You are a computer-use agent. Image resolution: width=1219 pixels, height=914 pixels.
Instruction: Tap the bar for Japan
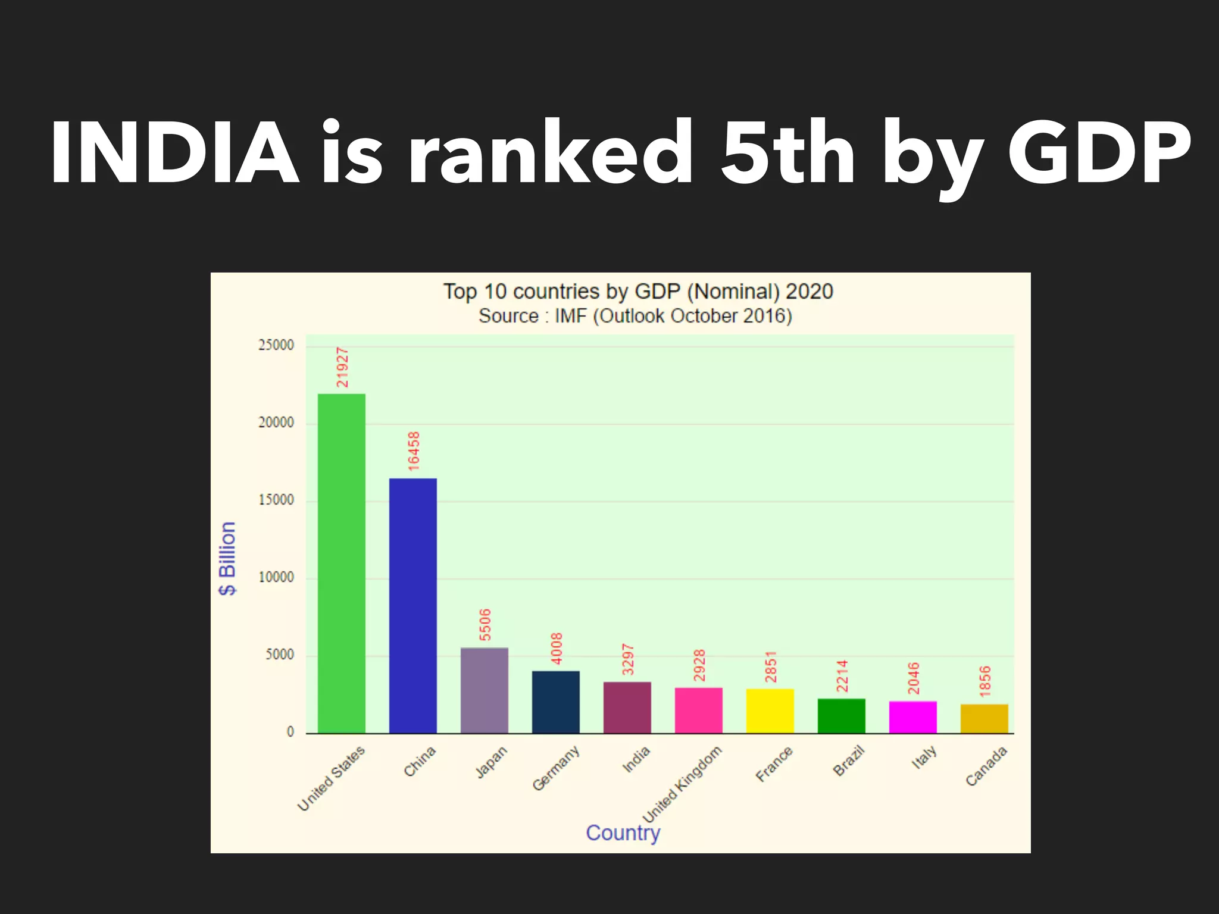[x=484, y=690]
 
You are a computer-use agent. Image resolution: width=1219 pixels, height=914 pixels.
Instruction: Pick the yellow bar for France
[x=770, y=710]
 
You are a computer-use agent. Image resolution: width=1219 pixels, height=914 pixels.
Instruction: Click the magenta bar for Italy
[x=912, y=717]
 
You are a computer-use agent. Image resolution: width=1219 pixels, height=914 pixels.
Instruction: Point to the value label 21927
[x=342, y=367]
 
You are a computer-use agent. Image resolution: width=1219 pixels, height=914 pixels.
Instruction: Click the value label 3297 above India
[x=628, y=659]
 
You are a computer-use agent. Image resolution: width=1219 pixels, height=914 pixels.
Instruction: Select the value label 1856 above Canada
[x=985, y=681]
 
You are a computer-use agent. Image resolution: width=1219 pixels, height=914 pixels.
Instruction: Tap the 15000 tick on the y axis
[x=276, y=500]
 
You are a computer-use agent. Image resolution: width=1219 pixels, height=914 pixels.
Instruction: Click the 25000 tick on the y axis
[x=276, y=345]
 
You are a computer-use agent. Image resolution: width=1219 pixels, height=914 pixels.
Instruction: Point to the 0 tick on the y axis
[x=290, y=732]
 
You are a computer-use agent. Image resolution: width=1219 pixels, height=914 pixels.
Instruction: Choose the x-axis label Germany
[x=555, y=768]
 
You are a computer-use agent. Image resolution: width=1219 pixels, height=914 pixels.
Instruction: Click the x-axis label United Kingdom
[x=683, y=784]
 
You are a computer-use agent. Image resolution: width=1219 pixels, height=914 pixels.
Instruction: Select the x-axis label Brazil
[x=849, y=761]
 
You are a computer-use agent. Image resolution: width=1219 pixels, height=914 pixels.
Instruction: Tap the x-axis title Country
[x=623, y=832]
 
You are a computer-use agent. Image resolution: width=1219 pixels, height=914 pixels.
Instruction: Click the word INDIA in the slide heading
[x=174, y=154]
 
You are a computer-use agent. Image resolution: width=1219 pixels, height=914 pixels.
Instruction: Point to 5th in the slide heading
[x=787, y=154]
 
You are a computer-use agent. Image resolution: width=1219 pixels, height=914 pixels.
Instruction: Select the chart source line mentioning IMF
[x=635, y=316]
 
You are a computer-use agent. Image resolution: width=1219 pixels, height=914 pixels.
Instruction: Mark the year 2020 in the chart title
[x=809, y=292]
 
